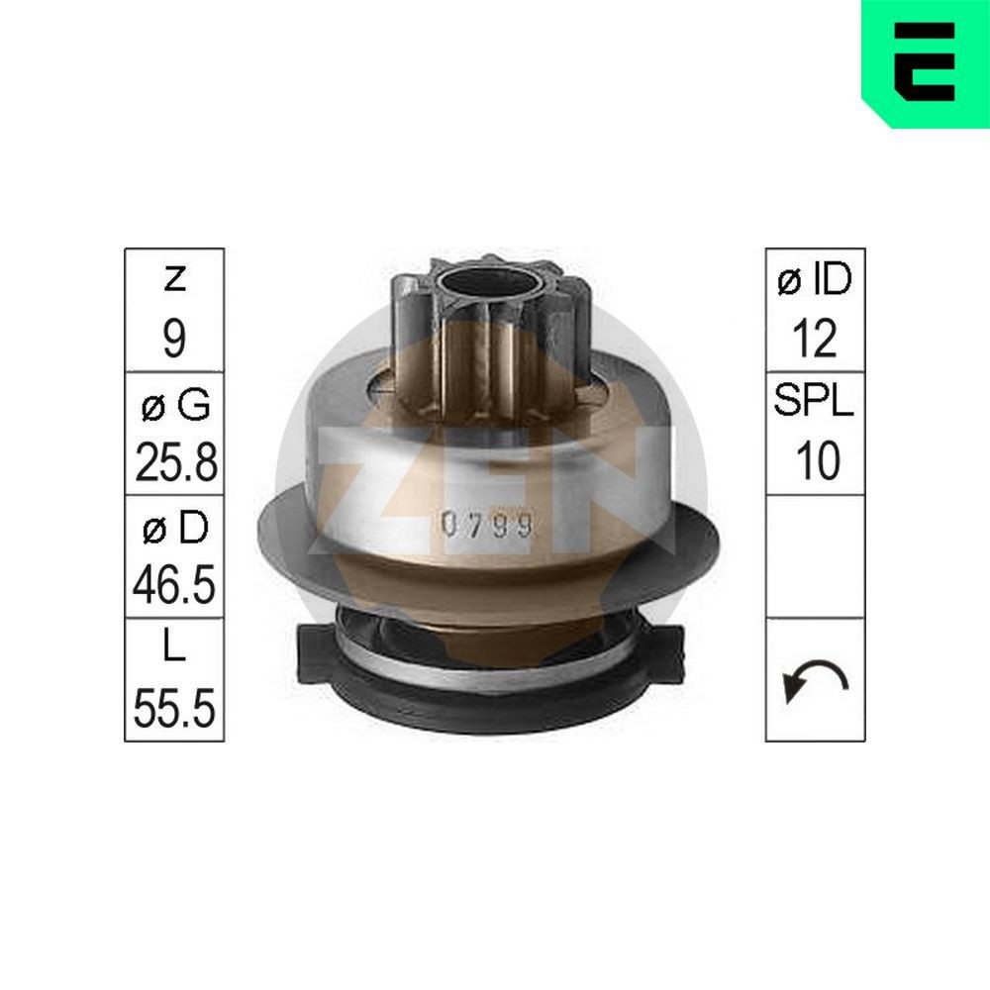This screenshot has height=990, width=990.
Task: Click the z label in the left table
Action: pyautogui.click(x=174, y=280)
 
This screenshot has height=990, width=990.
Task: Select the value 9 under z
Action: pyautogui.click(x=174, y=340)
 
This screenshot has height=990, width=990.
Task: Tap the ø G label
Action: pyautogui.click(x=174, y=404)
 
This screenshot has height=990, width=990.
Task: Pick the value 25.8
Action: pyautogui.click(x=175, y=462)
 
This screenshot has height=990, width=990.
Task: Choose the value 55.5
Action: pyautogui.click(x=175, y=710)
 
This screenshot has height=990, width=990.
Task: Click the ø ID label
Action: pyautogui.click(x=815, y=280)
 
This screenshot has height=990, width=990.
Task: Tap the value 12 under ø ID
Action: pyautogui.click(x=815, y=340)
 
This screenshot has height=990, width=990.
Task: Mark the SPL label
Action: pyautogui.click(x=815, y=404)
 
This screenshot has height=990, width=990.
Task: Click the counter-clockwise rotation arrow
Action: pyautogui.click(x=815, y=681)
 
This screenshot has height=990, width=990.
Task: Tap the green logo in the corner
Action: pyautogui.click(x=925, y=61)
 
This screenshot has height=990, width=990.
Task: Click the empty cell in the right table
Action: pyautogui.click(x=815, y=556)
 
